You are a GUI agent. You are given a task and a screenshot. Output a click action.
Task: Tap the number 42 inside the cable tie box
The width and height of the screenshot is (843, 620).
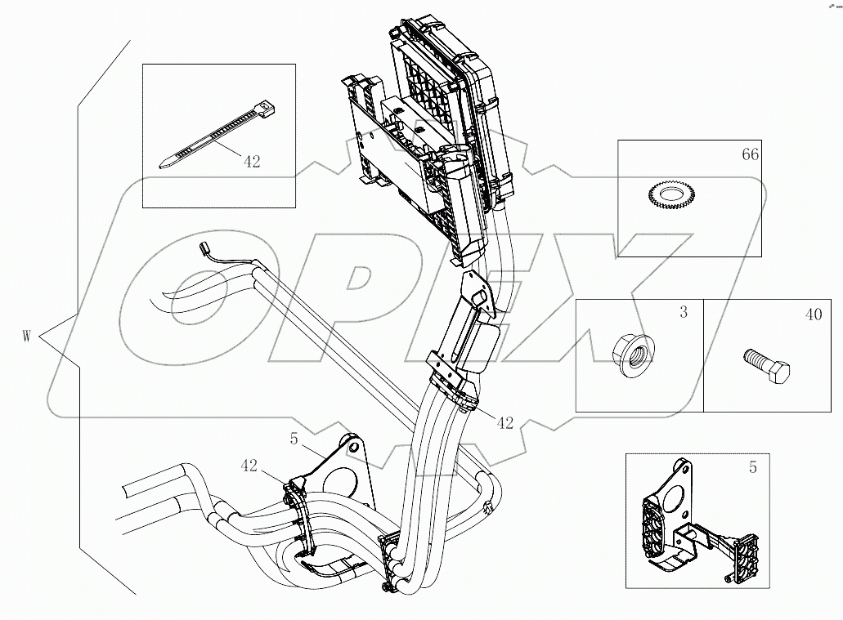click(251, 162)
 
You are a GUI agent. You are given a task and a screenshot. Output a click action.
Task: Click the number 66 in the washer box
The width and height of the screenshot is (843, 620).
click(749, 154)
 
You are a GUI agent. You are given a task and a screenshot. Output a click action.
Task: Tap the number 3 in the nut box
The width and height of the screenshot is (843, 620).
click(684, 313)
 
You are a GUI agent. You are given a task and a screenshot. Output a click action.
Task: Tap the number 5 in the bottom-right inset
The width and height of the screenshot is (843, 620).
click(752, 468)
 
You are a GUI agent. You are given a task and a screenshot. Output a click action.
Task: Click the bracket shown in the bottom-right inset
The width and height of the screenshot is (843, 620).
click(702, 531)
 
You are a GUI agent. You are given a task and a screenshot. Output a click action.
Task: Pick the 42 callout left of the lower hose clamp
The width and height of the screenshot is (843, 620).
click(249, 466)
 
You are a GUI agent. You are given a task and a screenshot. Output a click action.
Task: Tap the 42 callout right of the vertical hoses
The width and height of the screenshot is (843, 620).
click(504, 422)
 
